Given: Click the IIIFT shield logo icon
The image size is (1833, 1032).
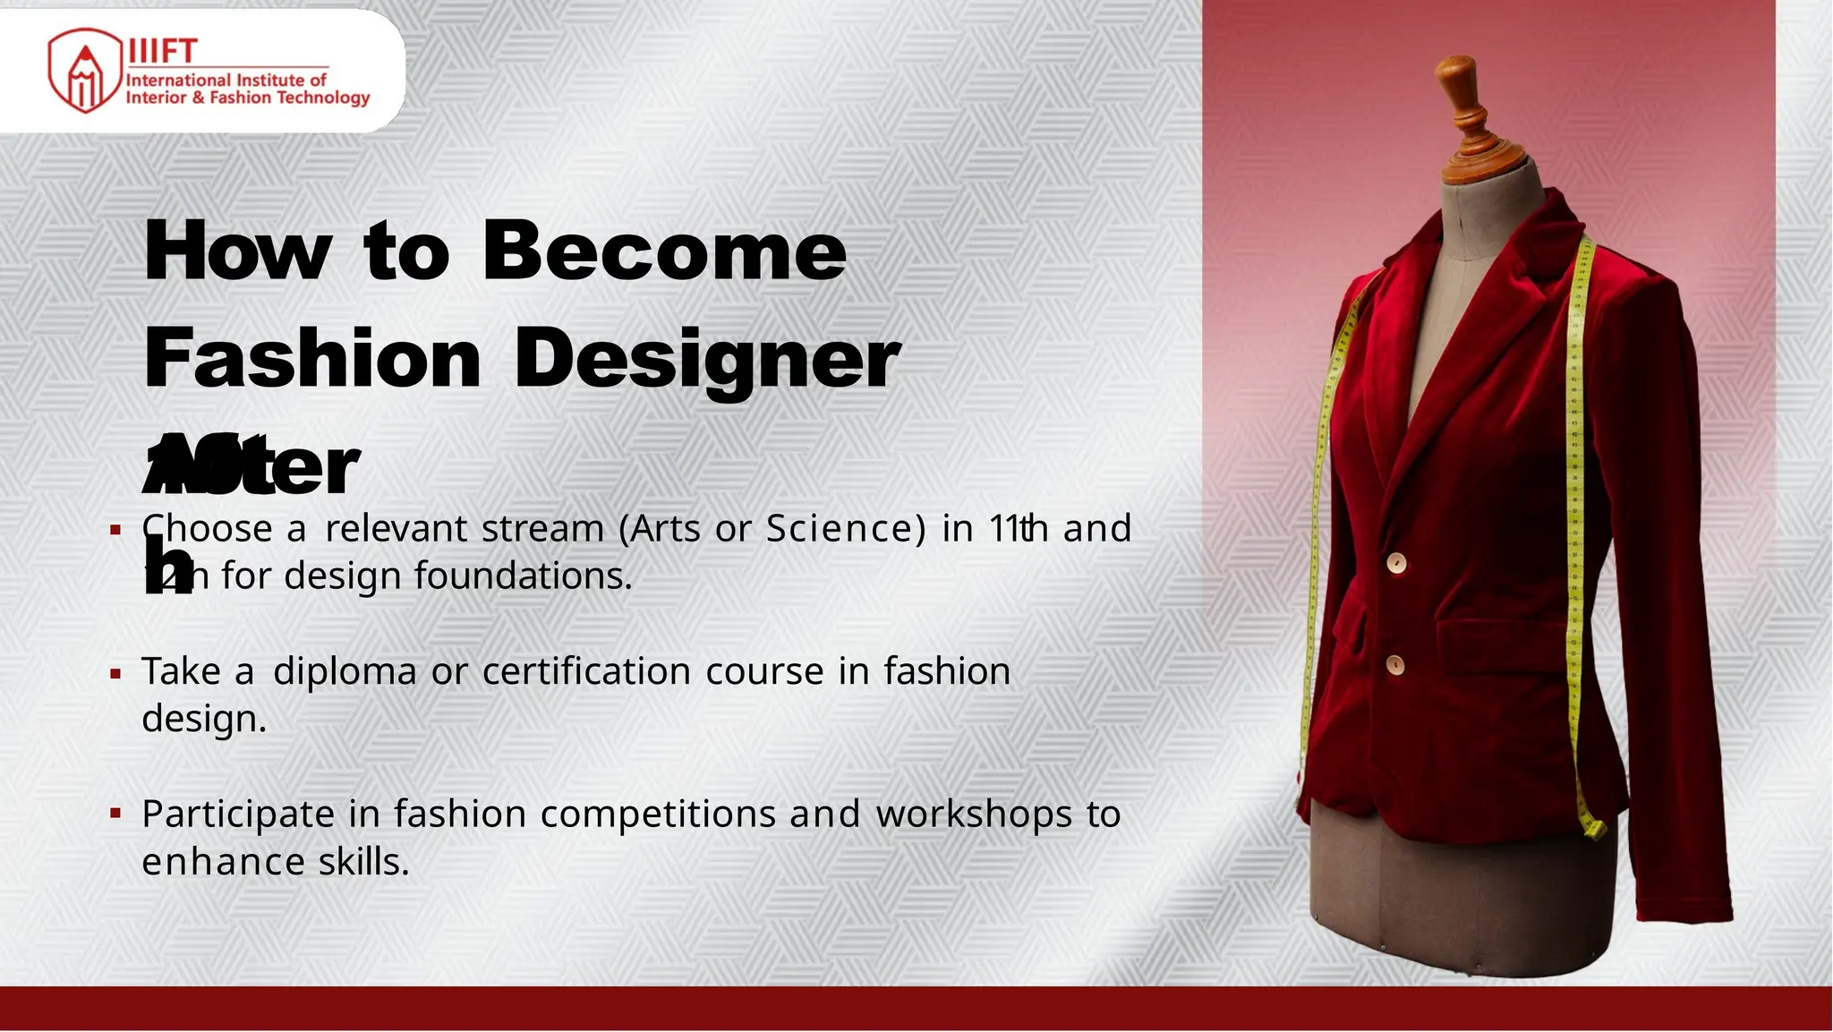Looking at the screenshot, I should pos(84,72).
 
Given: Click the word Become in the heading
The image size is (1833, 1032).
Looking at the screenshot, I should pos(663,252).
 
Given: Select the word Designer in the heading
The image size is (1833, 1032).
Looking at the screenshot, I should pos(707,359).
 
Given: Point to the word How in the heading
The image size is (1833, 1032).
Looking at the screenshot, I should pos(237,252).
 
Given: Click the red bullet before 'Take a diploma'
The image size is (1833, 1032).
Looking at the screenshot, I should pos(115,673).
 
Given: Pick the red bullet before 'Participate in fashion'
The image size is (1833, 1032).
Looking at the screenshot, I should pos(115,815).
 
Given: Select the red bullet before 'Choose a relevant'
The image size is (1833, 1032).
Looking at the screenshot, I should pos(115,530).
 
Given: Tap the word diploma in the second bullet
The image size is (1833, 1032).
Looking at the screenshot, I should pos(345,671).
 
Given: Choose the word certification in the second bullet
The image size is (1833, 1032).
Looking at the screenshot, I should pos(586,671).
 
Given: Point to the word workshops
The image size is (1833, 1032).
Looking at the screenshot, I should pos(974,815).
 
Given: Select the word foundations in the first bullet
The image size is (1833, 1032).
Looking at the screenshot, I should pos(523,576).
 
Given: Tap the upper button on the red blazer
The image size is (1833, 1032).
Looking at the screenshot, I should pos(1396,563).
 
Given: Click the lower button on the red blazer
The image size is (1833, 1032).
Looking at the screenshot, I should pos(1394,665).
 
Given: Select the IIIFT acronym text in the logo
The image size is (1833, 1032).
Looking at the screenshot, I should pos(162,51).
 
